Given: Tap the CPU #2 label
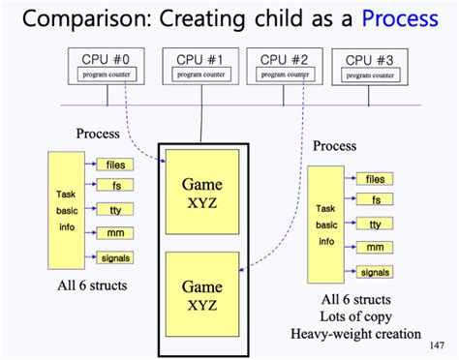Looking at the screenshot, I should tap(285, 59).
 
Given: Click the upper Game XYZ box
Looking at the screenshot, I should tap(199, 191).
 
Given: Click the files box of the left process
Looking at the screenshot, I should tap(115, 165).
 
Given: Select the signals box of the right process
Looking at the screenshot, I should tap(374, 272).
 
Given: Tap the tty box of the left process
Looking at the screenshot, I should tap(115, 210).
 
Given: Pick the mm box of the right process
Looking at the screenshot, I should tap(374, 248).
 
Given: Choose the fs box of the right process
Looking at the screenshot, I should tap(374, 200).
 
